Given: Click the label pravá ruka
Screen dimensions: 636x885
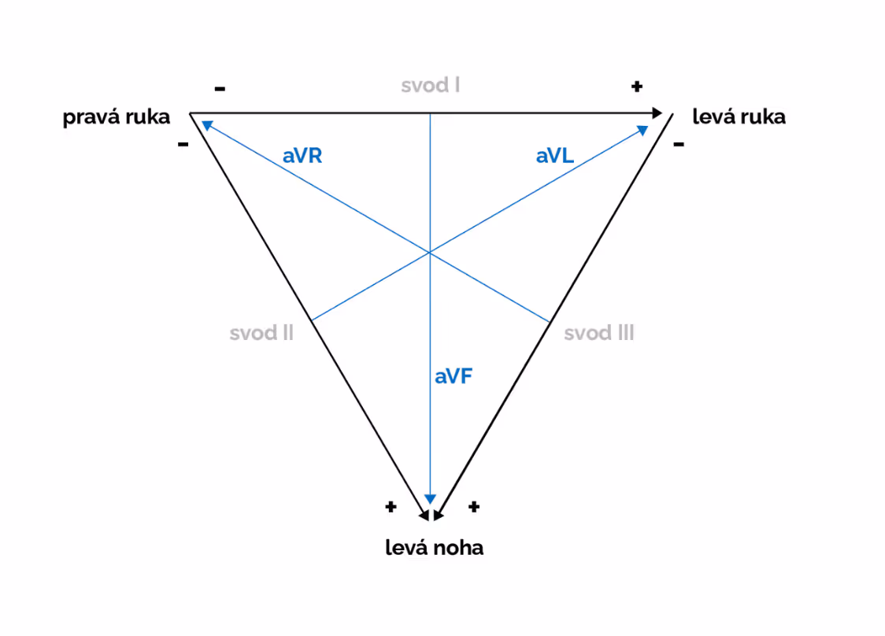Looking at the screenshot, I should [117, 118].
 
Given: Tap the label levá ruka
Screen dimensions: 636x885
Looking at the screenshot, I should [739, 117].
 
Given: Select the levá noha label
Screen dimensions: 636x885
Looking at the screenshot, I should [434, 548].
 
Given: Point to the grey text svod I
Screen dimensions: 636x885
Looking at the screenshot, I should [430, 85].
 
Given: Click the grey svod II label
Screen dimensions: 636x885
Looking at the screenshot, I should [261, 333].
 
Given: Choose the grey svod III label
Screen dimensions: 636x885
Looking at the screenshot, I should [599, 333].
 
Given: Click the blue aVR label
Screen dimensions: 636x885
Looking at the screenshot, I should [302, 156].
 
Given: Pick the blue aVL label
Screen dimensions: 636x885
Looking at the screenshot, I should [555, 156].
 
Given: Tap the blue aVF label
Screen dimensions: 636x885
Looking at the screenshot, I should [454, 376].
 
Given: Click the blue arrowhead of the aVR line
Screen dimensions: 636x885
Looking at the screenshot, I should [206, 124].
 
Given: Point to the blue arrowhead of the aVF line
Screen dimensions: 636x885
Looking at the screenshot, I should [430, 499].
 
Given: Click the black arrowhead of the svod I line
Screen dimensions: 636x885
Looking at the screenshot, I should [657, 113].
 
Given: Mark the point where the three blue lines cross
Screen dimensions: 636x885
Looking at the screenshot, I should [430, 253].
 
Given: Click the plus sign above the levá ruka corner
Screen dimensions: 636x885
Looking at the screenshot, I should [637, 86].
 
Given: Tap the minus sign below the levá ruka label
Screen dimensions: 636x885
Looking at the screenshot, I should [679, 144].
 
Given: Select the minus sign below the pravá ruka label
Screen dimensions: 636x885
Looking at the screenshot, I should [183, 145].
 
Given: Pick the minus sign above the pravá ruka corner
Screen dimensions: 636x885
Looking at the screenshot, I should [220, 88].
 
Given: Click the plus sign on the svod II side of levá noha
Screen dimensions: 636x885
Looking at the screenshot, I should [391, 506].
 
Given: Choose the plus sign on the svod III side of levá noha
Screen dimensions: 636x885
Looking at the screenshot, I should [473, 507].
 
